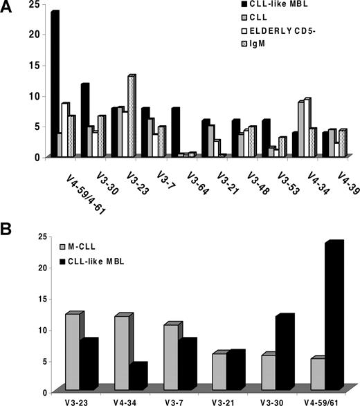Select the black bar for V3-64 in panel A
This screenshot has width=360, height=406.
click(x=176, y=132)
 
